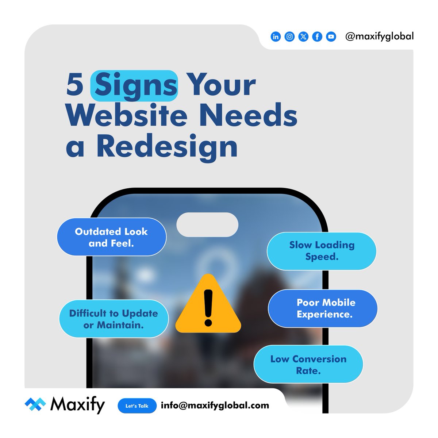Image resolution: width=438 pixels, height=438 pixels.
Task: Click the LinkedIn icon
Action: tap(276, 37)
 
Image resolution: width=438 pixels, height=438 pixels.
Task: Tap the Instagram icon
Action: tap(289, 37)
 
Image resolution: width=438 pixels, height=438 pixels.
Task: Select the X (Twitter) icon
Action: tap(303, 37)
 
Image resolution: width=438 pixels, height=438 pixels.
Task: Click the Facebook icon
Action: tap(317, 37)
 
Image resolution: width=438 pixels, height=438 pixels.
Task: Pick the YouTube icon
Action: tap(331, 37)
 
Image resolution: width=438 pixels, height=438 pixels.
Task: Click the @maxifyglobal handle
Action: tap(379, 36)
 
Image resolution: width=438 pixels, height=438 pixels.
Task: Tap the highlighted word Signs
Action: tap(134, 85)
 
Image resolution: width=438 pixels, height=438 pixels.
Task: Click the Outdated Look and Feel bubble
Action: tap(111, 237)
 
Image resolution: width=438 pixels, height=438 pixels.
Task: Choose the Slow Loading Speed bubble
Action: tap(322, 251)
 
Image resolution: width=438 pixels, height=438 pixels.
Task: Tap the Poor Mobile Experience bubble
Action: tap(323, 308)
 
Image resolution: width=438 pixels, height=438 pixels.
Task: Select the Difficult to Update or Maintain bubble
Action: tap(114, 319)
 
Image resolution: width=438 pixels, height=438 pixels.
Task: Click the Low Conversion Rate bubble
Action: tap(308, 364)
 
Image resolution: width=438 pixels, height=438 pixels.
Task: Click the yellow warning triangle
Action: tap(208, 305)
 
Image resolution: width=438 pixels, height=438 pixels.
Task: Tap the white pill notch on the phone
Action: tap(207, 224)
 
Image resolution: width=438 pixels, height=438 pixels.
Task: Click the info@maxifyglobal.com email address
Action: tap(215, 405)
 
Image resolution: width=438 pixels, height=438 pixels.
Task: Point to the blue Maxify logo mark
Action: tap(35, 405)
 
